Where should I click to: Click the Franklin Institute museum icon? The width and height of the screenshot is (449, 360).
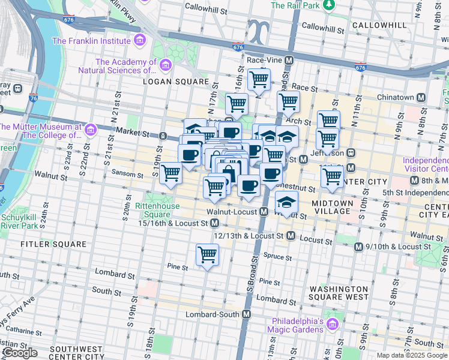click(139, 41)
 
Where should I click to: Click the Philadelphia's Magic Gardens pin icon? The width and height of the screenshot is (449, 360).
click(333, 324)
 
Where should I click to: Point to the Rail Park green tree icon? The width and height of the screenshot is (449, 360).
click(328, 5)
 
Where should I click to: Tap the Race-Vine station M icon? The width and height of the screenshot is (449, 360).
click(289, 61)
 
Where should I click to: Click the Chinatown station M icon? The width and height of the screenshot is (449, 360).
click(421, 97)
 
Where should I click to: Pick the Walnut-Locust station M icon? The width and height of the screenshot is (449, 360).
click(264, 212)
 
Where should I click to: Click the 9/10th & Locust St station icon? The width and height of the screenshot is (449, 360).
click(359, 247)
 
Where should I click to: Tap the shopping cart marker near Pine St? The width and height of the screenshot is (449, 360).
click(208, 254)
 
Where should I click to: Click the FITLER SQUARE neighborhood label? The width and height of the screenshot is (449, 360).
click(53, 244)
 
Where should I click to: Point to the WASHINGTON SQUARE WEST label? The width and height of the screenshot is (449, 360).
click(339, 292)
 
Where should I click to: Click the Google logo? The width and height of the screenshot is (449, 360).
click(20, 353)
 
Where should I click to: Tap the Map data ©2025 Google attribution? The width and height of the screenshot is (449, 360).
click(412, 355)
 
